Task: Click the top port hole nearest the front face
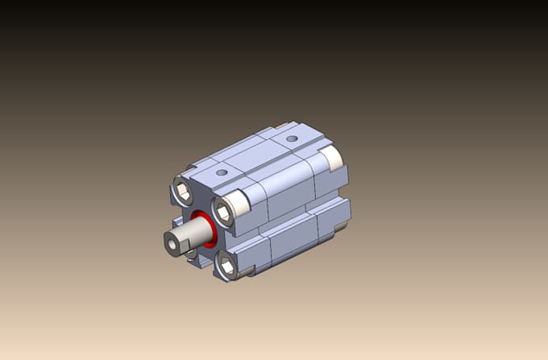point(221,173)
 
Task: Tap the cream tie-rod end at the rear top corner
point(330,157)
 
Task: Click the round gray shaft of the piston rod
point(196,233)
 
